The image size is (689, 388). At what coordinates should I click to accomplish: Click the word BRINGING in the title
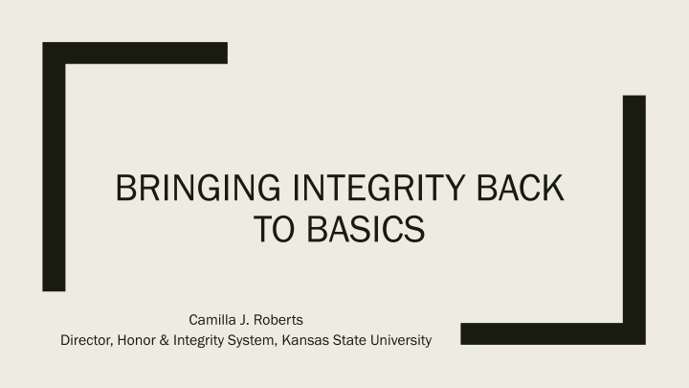coord(198,188)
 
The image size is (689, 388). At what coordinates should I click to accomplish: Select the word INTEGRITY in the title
coord(379,188)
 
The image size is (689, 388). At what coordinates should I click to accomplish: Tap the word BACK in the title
coord(521,188)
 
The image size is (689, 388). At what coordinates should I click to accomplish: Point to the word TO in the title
coord(274,229)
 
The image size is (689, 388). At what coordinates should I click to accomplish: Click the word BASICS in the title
coord(366,229)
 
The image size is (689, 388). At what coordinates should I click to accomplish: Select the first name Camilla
coord(212,320)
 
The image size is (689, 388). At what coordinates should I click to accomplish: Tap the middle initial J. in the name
coord(245,320)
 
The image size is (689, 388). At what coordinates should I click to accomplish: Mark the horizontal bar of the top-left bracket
coord(135,54)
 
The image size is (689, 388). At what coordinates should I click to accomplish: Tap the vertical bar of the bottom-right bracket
coord(634,220)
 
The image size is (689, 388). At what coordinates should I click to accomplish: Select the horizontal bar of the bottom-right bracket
coord(553,334)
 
